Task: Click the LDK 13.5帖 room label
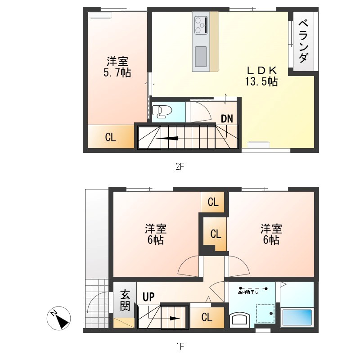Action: [x=261, y=76]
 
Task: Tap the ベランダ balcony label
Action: [x=303, y=41]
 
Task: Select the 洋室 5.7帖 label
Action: [x=117, y=67]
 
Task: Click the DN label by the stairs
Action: [x=227, y=119]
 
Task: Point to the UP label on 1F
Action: [x=148, y=297]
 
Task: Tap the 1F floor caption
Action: [x=180, y=346]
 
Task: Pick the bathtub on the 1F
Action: [x=297, y=317]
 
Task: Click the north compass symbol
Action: [x=59, y=318]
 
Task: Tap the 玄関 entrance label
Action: [x=125, y=301]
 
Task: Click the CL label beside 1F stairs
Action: [x=207, y=317]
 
